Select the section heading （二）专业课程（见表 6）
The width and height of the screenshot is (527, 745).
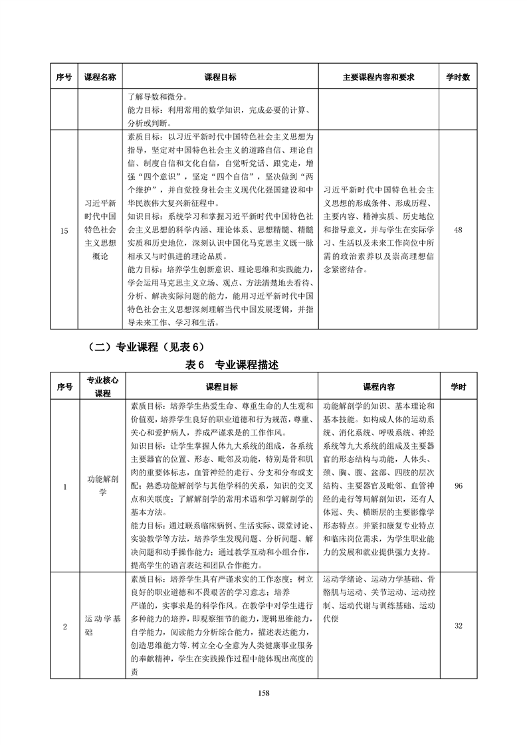tap(144, 347)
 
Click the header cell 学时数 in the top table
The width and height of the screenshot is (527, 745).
tap(457, 77)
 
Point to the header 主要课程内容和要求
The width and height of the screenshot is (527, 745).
tap(378, 77)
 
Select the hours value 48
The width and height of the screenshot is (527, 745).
tap(457, 230)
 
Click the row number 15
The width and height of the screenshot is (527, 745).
tap(64, 230)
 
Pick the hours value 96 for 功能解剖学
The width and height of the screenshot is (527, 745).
tap(458, 487)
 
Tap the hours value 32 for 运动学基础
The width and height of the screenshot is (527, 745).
tap(458, 625)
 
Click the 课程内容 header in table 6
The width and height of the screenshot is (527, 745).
tap(378, 386)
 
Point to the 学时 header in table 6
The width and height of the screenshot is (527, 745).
tap(458, 386)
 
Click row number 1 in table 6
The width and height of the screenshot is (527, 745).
tap(64, 487)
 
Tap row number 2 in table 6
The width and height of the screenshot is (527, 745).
tap(64, 625)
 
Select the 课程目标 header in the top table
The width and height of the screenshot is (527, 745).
tap(221, 77)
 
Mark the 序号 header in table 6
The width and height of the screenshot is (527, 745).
tap(64, 386)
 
